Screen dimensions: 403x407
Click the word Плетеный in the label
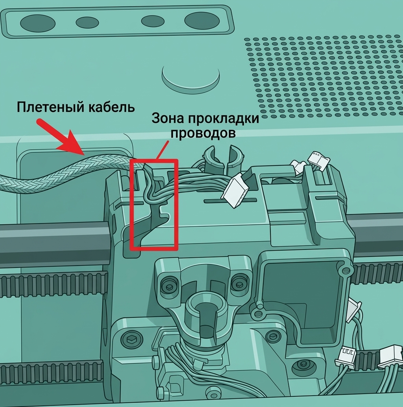[50, 107]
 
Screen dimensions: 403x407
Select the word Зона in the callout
[166, 118]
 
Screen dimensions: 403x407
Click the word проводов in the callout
[203, 133]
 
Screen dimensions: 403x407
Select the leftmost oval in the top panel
[38, 23]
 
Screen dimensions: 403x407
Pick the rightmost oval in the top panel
[202, 21]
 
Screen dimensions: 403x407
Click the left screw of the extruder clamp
[168, 286]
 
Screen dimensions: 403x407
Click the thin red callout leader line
[163, 150]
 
